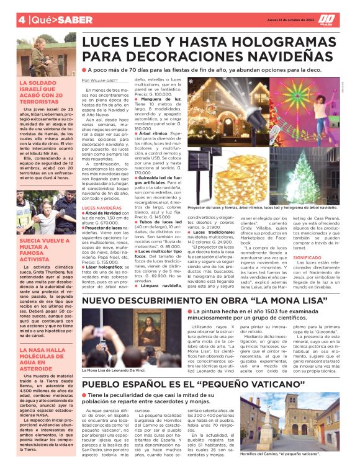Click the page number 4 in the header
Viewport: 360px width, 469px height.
coord(21,19)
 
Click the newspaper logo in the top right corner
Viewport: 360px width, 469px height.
coord(327,19)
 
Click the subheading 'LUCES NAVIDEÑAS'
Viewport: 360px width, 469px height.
coord(101,207)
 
